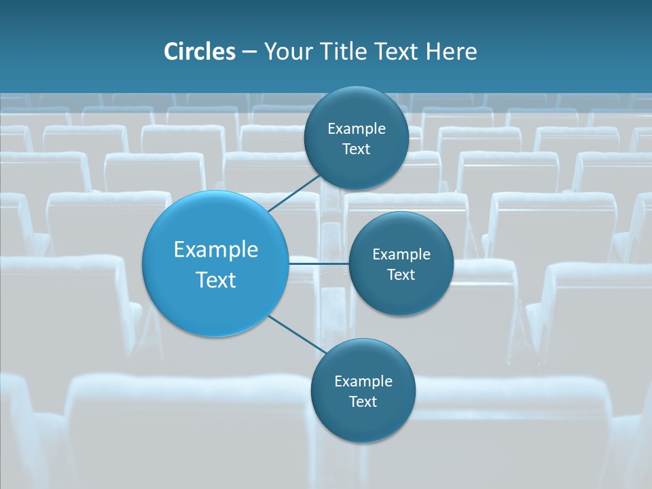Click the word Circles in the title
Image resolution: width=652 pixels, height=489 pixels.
pos(200,52)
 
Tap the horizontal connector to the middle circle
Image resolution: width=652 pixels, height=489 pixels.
pos(319,264)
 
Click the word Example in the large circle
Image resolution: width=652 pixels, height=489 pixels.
pos(216,250)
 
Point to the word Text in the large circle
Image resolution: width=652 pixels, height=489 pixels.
pos(216,280)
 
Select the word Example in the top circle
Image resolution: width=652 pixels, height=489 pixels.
pos(357,128)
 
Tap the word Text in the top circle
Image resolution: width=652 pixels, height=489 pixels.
pos(356,149)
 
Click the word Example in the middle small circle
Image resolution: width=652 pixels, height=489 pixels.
pos(401,254)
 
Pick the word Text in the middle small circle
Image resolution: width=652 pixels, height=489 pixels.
pos(401,274)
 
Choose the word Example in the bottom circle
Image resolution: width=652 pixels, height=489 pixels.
pos(363,381)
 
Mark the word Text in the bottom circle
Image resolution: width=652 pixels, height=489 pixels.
pos(363,401)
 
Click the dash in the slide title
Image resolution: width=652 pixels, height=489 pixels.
pos(249,52)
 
